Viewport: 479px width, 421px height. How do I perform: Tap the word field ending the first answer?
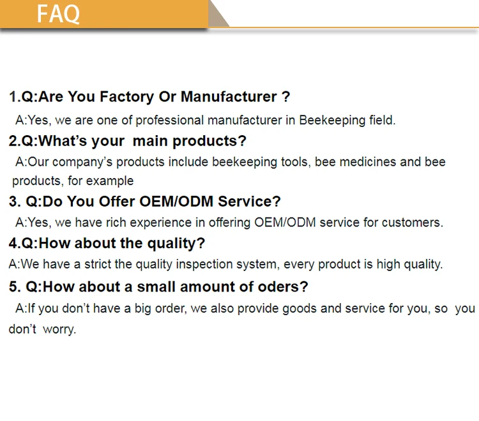point(382,120)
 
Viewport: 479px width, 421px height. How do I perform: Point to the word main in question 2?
point(152,141)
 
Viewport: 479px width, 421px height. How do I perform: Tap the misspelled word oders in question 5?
point(285,286)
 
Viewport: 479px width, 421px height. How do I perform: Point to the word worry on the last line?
point(59,330)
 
